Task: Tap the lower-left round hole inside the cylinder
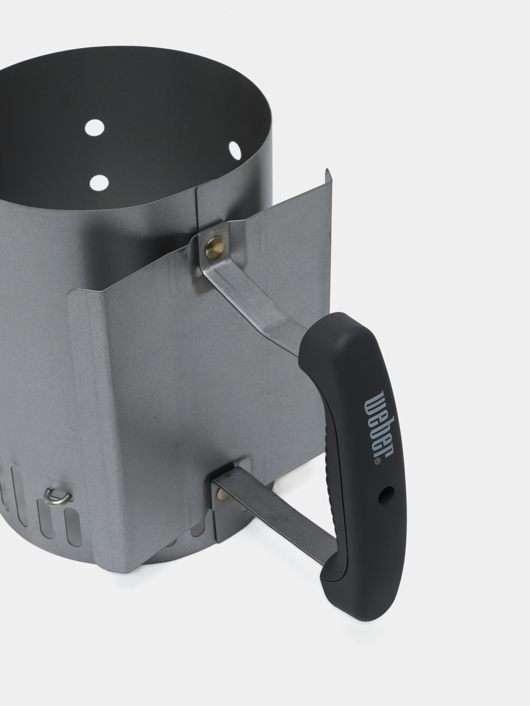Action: [x=99, y=183]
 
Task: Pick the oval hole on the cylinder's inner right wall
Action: [x=235, y=149]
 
